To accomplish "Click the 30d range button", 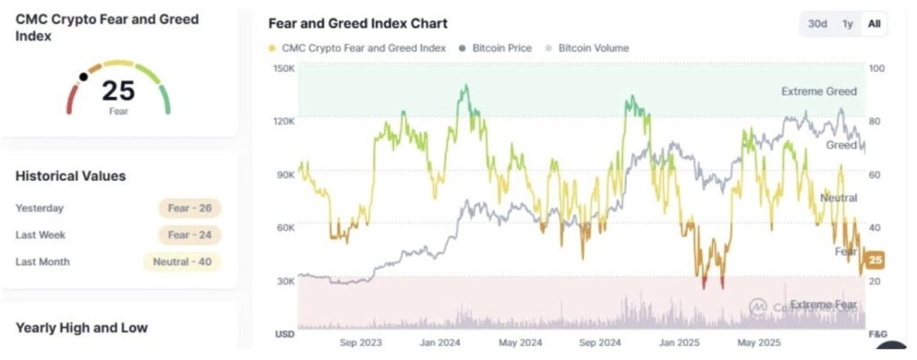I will (x=817, y=24).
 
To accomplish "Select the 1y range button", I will (x=847, y=24).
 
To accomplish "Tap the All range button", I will (x=873, y=24).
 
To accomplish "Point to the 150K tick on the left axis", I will (x=284, y=69).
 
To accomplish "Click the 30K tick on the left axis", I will (x=286, y=280).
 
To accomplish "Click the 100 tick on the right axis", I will (x=878, y=69).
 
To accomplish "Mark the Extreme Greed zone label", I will (x=818, y=91).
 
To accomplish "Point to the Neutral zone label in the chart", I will (x=838, y=198).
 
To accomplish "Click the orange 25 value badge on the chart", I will (x=876, y=261).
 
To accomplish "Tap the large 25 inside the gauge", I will (x=118, y=90).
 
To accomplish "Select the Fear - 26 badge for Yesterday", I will (x=190, y=209).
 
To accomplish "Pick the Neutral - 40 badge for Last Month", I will (x=182, y=262).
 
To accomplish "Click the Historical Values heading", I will (x=71, y=176).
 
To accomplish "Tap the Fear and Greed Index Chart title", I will (x=358, y=23).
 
